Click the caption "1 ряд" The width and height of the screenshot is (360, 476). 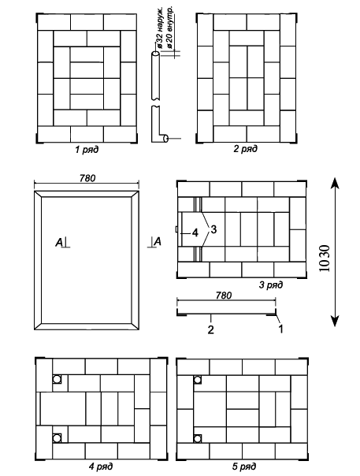pos(87,150)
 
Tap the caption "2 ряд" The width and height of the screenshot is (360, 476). pos(245,149)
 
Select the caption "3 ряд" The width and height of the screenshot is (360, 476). pos(271,284)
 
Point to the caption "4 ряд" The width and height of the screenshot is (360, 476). pos(101,466)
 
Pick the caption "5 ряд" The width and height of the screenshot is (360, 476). pos(244,466)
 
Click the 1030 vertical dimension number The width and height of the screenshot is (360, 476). pos(325,258)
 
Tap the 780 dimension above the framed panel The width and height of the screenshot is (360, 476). pos(87,178)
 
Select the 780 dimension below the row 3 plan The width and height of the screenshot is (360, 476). pos(224,296)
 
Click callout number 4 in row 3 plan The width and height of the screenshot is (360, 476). pos(195,233)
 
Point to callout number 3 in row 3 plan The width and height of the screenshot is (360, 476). pos(213,229)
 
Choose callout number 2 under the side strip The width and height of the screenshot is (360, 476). pos(210,329)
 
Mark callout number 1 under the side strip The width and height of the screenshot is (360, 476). pos(280,329)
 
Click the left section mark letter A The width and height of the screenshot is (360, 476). pos(59,243)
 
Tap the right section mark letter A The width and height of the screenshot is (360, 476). pos(158,242)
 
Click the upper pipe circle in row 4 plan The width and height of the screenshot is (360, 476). pos(56,379)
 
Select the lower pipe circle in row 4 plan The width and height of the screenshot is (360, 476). pos(56,438)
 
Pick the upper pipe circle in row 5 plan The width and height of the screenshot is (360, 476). pos(198,380)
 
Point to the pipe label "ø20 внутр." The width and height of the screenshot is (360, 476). pos(169,28)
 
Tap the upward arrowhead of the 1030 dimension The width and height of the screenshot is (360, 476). pos(335,183)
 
